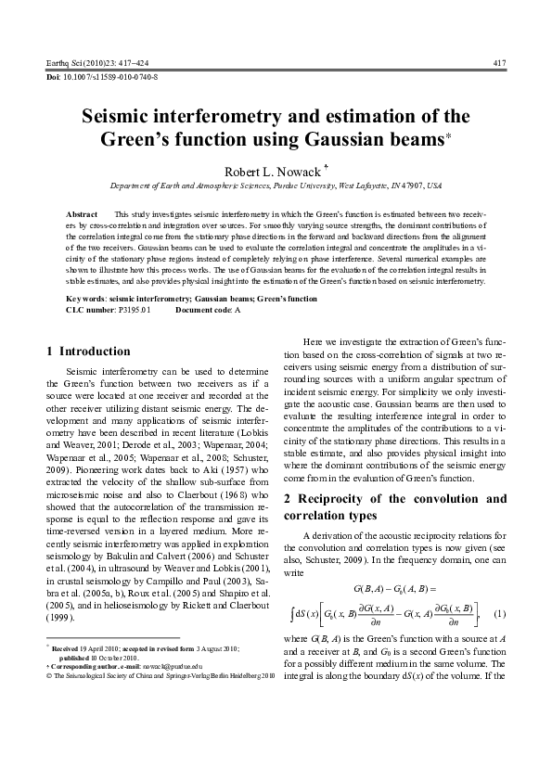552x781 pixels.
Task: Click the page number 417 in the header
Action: click(499, 62)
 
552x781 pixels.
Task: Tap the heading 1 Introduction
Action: click(88, 352)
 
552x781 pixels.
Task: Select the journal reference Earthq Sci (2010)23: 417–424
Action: click(96, 62)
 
